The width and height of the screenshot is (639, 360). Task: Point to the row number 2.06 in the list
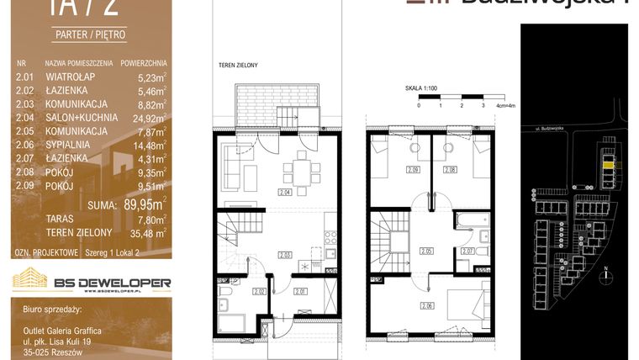tap(24, 145)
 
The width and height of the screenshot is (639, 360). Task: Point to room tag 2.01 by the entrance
tap(300, 292)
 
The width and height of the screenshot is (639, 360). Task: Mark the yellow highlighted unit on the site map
tap(609, 165)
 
